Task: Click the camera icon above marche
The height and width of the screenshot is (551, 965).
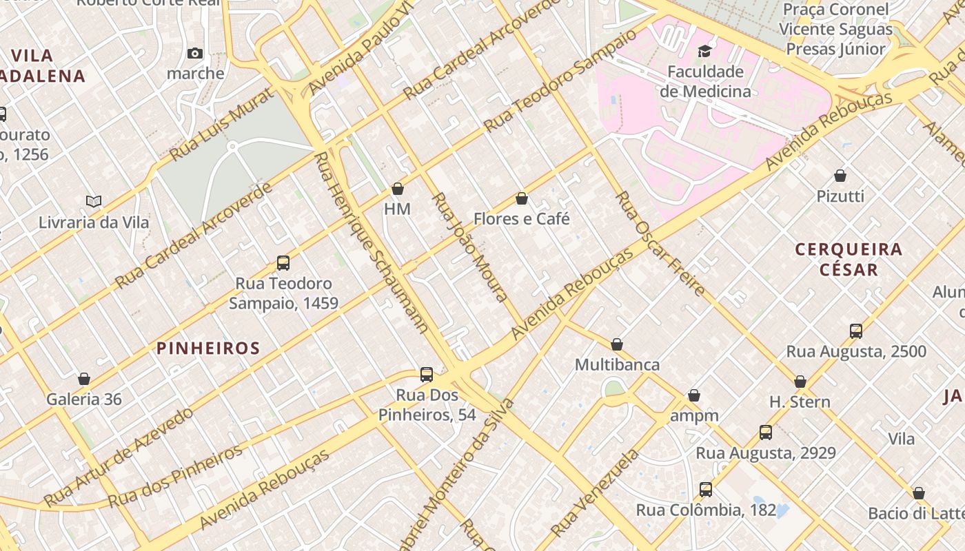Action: click(195, 53)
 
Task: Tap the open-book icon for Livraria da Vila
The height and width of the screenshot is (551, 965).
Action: click(94, 201)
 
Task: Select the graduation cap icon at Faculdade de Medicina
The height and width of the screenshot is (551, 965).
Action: click(704, 51)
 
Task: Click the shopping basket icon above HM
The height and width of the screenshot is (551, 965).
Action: click(398, 189)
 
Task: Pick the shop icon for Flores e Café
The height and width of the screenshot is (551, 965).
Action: click(522, 199)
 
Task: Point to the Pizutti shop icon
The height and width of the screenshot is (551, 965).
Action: click(840, 176)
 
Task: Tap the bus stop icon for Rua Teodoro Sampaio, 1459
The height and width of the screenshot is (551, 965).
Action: click(283, 262)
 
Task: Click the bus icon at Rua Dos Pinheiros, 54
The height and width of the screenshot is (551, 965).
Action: click(427, 375)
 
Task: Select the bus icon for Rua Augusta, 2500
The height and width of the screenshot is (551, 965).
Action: click(856, 331)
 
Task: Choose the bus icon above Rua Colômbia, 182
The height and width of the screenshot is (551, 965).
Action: click(706, 490)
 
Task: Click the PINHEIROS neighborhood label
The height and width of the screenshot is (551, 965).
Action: click(208, 349)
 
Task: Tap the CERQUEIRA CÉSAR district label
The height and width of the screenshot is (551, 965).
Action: click(849, 259)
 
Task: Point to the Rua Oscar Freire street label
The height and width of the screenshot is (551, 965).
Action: click(659, 244)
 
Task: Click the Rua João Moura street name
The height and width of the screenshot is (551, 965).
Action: click(470, 247)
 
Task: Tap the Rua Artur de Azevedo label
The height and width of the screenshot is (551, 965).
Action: click(119, 457)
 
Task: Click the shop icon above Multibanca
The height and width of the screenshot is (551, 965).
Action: click(617, 344)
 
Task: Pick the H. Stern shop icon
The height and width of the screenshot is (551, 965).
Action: click(800, 382)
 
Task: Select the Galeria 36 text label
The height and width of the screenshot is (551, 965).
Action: click(84, 399)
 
